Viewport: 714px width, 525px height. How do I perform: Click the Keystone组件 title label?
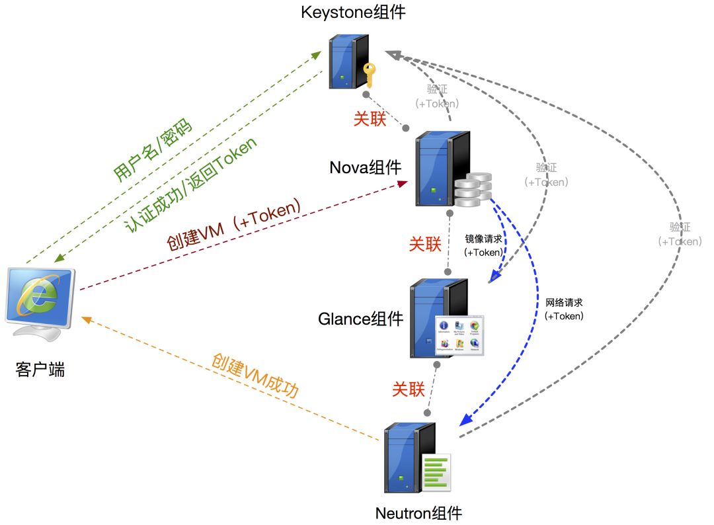(x=353, y=12)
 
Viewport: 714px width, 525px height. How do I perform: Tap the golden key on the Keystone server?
(x=368, y=75)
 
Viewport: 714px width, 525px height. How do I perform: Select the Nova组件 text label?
(x=365, y=167)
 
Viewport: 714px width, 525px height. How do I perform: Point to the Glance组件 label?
(x=360, y=319)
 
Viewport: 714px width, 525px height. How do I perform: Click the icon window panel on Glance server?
(x=459, y=335)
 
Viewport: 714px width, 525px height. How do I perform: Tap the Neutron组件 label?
(x=418, y=513)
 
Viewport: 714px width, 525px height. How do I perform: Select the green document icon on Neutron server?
(x=436, y=472)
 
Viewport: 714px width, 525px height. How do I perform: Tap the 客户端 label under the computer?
(x=40, y=370)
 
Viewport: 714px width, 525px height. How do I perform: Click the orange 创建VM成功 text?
(x=255, y=376)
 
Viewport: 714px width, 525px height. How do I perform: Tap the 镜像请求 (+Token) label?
(x=483, y=245)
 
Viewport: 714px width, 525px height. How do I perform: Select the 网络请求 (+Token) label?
(x=564, y=309)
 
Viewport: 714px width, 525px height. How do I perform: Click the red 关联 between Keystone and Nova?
(x=370, y=119)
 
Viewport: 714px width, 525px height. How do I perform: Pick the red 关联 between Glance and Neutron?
(x=408, y=389)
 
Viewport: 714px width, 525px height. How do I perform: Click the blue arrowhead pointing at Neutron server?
(x=466, y=420)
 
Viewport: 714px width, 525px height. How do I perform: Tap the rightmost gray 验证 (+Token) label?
(x=680, y=234)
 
